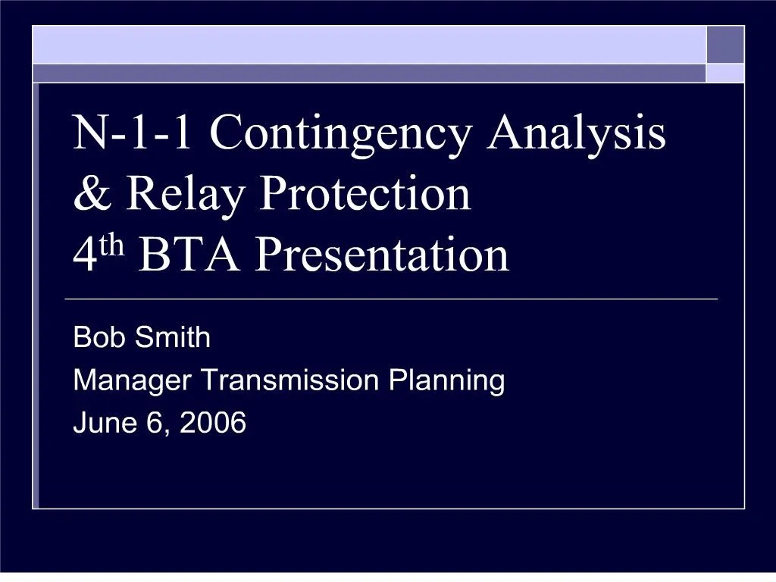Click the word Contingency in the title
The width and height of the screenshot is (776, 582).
(341, 134)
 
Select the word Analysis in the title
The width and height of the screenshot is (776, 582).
(577, 134)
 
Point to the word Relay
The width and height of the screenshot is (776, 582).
(186, 195)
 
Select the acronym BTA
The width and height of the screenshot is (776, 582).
(191, 255)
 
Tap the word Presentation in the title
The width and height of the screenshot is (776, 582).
(381, 255)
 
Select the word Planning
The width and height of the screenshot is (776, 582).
(446, 380)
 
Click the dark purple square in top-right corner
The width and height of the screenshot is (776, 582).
(726, 45)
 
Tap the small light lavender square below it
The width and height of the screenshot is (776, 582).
(726, 73)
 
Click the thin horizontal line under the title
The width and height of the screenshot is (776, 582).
(391, 299)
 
